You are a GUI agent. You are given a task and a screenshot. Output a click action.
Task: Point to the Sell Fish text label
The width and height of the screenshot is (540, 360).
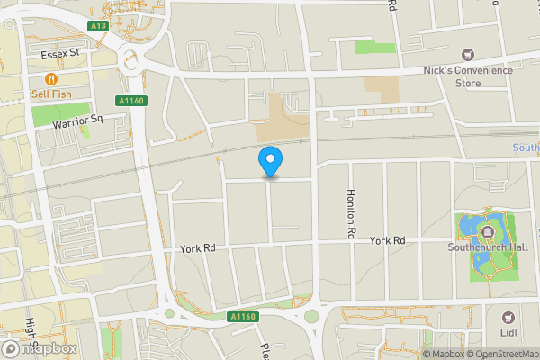[52, 94]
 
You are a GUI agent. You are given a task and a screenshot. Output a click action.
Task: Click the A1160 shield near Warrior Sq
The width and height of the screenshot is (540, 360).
[130, 101]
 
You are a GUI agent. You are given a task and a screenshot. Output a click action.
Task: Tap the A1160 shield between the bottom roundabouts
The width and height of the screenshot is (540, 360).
[243, 317]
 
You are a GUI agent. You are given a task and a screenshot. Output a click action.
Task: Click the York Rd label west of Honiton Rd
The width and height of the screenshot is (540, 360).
[198, 248]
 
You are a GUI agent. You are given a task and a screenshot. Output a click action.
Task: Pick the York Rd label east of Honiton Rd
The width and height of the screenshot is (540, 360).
[388, 240]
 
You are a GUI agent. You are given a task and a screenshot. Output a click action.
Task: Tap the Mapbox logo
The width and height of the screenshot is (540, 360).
[40, 348]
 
